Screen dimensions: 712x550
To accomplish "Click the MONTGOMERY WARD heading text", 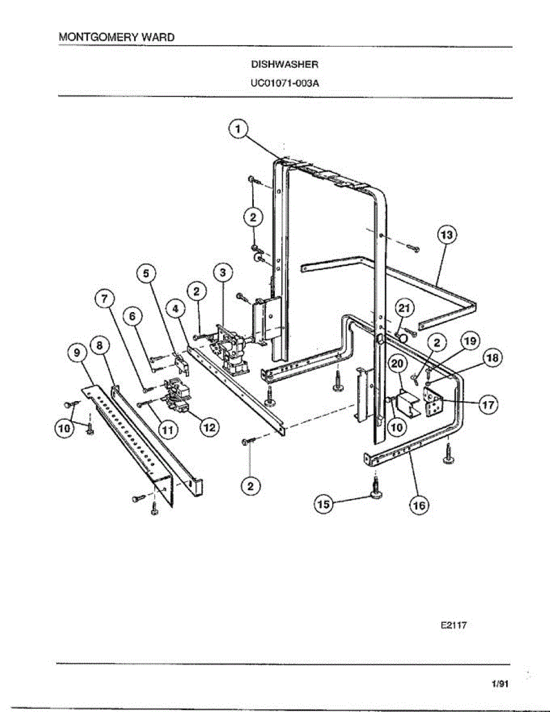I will tap(117, 37).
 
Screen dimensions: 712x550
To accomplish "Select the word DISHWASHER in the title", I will tap(285, 64).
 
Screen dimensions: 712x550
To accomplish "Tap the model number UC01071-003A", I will tap(285, 83).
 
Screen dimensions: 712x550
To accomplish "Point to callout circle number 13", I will tap(447, 235).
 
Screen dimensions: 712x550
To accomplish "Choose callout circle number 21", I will tap(404, 308).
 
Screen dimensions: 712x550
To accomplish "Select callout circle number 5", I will tap(147, 273).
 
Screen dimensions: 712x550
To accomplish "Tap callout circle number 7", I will tap(105, 300).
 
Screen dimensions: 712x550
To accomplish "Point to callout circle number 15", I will tap(323, 504).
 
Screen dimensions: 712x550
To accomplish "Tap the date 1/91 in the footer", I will tap(500, 684).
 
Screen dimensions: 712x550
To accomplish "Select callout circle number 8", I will tap(100, 344).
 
